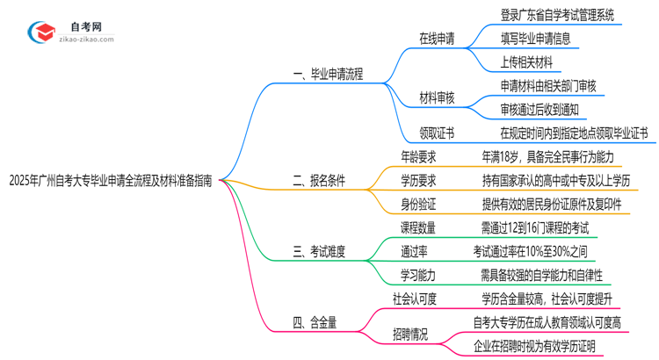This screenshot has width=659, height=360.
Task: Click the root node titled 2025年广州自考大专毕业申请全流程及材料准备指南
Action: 109,181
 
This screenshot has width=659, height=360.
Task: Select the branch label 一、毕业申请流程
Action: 327,75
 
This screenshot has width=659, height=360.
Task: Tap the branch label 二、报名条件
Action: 318,181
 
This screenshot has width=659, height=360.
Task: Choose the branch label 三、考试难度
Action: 318,251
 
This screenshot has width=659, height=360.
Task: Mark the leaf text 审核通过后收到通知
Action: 540,111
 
